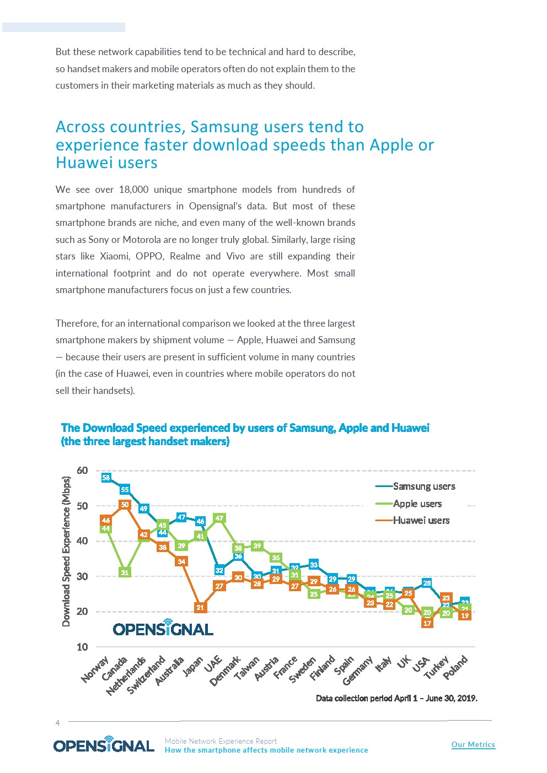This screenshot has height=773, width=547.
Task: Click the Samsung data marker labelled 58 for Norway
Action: coord(106,478)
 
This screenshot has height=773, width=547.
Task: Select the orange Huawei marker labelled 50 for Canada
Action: coord(125,505)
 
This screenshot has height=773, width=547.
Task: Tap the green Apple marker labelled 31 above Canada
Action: coord(125,572)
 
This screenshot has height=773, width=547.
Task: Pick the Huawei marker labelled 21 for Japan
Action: coord(200,607)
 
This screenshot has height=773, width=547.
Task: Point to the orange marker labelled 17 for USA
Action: coord(427,623)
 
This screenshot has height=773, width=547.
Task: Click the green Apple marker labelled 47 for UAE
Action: coord(219,518)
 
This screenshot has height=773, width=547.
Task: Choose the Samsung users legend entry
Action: coord(423,486)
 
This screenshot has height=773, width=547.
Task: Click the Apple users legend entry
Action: coord(417,504)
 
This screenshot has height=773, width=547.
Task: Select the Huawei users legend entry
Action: coord(421,521)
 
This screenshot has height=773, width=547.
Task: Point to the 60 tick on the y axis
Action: coord(82,471)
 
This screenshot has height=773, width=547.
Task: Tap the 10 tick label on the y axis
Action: coord(82,647)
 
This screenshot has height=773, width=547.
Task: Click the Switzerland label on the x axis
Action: coord(146,675)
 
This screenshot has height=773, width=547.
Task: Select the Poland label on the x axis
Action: coord(455,667)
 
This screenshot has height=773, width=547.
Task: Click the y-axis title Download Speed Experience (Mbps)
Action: coord(66,551)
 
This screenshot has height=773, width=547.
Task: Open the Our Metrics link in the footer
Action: coord(473,744)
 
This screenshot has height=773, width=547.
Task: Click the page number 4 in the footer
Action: coord(57,723)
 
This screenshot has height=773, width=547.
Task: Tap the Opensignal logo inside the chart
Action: coord(163,629)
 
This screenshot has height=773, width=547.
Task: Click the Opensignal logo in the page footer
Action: coord(104,745)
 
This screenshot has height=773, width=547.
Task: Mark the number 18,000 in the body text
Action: coord(133,190)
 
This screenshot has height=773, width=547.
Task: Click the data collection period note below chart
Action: coord(396,698)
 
